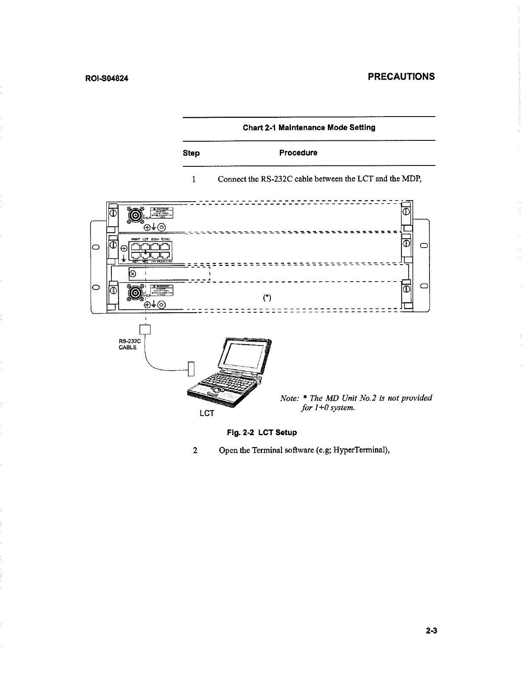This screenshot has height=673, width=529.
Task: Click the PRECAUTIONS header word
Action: [x=401, y=77]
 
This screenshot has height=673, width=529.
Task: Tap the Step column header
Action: [x=191, y=153]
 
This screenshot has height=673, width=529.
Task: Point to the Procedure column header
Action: [x=298, y=153]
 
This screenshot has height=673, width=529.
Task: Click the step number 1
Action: [x=193, y=179]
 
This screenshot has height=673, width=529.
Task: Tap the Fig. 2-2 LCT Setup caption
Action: [x=262, y=433]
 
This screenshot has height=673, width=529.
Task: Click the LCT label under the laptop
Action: [x=207, y=413]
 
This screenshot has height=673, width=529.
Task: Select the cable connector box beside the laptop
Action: [x=191, y=368]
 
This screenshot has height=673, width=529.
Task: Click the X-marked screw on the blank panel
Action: [x=132, y=274]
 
